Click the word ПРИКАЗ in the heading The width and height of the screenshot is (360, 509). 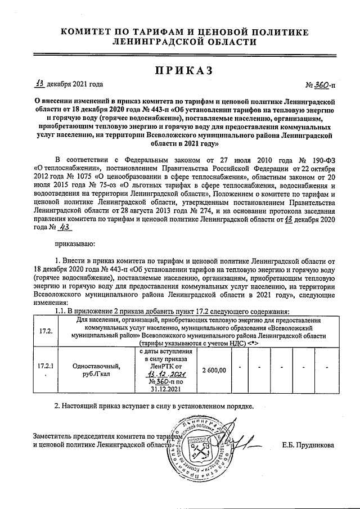[x=179, y=69]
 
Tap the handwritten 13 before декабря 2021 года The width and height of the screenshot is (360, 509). [x=39, y=84]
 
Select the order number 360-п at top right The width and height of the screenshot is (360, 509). [x=324, y=85]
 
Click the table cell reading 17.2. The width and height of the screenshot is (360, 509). [x=46, y=330]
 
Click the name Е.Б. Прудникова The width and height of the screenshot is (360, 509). [x=308, y=445]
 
